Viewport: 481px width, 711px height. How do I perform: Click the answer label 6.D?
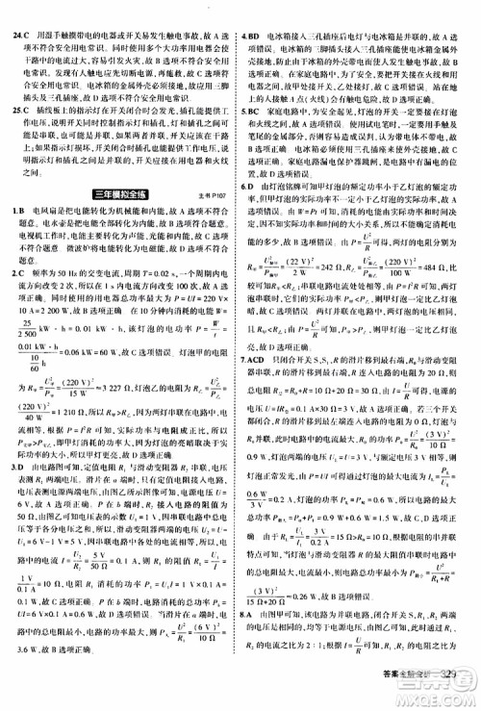point(251,209)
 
